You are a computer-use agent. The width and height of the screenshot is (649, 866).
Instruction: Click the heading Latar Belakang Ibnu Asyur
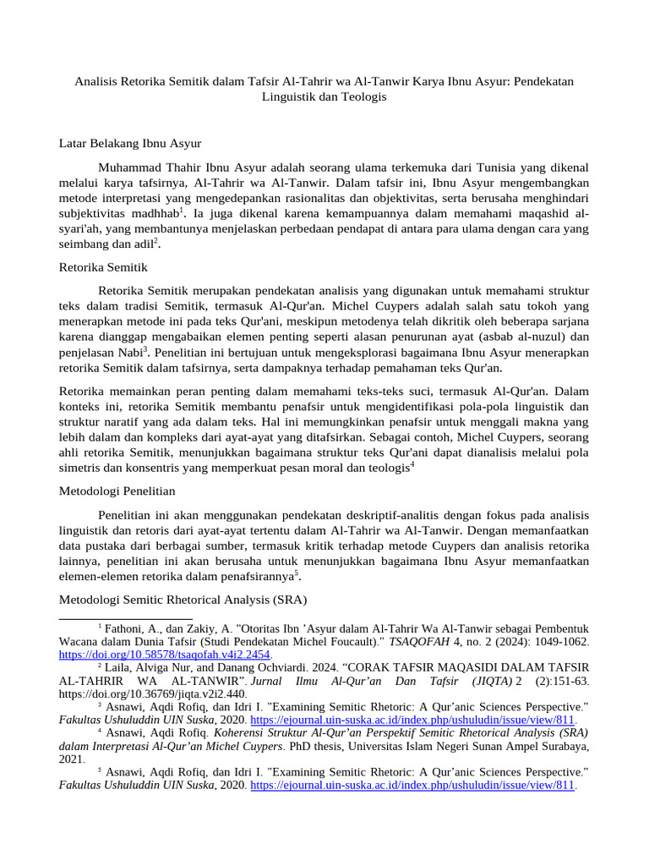(129, 143)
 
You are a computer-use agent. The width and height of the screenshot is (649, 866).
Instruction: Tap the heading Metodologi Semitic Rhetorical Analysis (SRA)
(183, 600)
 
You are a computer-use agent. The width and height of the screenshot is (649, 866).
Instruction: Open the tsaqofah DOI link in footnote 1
(164, 655)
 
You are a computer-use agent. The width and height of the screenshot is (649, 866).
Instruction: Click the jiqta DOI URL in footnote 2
(153, 693)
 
